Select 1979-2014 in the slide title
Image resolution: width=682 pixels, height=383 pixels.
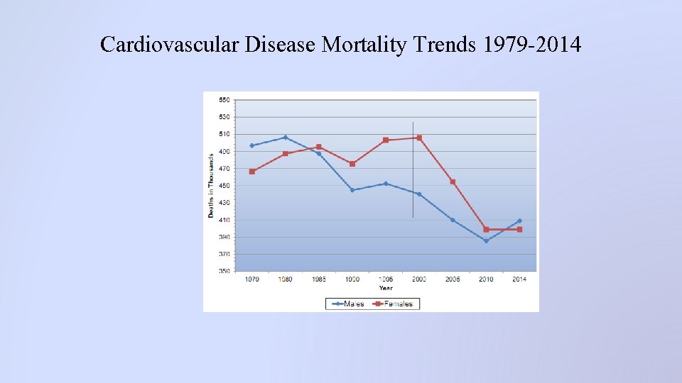(x=532, y=45)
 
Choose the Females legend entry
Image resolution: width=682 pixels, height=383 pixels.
(x=396, y=304)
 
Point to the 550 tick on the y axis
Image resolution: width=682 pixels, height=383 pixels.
(x=224, y=100)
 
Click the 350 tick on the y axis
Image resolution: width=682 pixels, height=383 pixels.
(x=224, y=271)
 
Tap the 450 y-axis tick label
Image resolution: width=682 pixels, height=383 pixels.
(x=224, y=186)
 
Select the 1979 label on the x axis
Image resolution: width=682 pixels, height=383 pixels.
(x=251, y=279)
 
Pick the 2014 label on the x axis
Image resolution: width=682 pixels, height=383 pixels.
(x=519, y=279)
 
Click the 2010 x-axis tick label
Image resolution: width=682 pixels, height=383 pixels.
(x=486, y=279)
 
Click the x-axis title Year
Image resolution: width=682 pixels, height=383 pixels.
(x=386, y=288)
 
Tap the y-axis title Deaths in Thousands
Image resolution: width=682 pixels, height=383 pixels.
(x=211, y=186)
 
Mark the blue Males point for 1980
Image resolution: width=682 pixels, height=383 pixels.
(x=285, y=137)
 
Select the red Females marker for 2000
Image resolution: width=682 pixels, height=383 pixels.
(x=419, y=138)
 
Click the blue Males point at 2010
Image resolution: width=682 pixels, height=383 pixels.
(x=486, y=241)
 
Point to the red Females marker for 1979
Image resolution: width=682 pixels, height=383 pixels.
(x=251, y=172)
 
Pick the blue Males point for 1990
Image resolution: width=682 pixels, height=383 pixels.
(x=352, y=190)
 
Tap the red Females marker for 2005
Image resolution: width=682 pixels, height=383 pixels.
(x=453, y=182)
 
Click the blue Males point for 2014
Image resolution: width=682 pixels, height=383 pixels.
(x=519, y=221)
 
